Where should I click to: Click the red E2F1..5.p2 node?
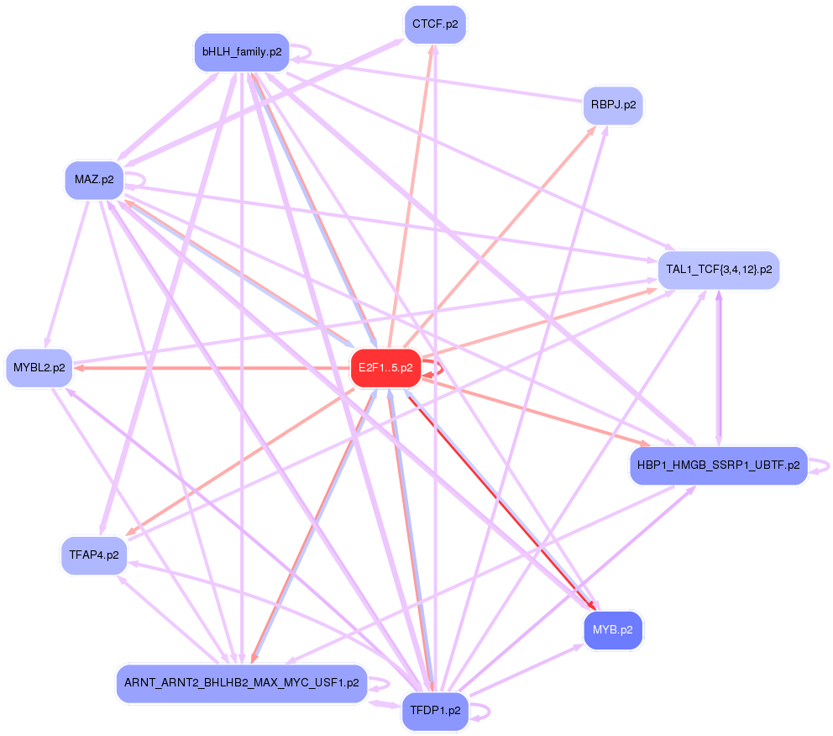(x=385, y=368)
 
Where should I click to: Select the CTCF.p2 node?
(x=435, y=24)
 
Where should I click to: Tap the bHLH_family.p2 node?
(x=241, y=52)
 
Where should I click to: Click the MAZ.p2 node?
(x=94, y=180)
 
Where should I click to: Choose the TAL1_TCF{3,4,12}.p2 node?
(x=719, y=271)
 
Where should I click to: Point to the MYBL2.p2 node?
(x=39, y=368)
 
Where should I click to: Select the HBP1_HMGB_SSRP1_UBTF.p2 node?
(x=718, y=466)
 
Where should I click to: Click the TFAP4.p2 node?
(x=94, y=555)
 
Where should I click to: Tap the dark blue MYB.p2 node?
(x=612, y=629)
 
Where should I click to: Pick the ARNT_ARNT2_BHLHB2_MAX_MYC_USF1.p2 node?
(x=241, y=684)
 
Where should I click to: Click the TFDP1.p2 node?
(x=435, y=711)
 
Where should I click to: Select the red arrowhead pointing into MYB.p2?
(x=595, y=607)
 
